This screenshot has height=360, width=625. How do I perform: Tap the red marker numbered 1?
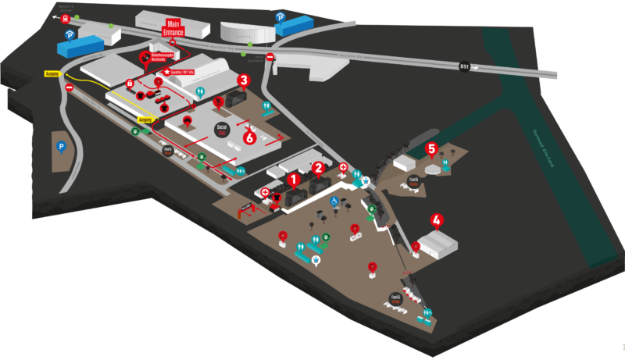click(294, 180)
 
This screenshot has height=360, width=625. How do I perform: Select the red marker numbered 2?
click(318, 168)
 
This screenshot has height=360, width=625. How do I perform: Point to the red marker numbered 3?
click(243, 80)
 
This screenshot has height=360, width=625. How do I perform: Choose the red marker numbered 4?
click(437, 221)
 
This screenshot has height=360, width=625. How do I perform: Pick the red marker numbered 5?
click(430, 148)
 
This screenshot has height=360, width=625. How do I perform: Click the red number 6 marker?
click(250, 138)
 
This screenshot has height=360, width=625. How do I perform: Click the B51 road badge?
click(464, 66)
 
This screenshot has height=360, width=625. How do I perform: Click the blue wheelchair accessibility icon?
click(334, 201)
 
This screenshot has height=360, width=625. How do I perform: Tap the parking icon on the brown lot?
click(59, 145)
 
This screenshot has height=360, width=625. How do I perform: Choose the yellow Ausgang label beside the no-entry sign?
click(52, 74)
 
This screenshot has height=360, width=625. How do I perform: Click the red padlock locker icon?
click(129, 83)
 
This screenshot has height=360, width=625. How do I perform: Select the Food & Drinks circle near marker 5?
click(413, 183)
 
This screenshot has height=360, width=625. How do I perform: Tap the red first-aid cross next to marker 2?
click(342, 166)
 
